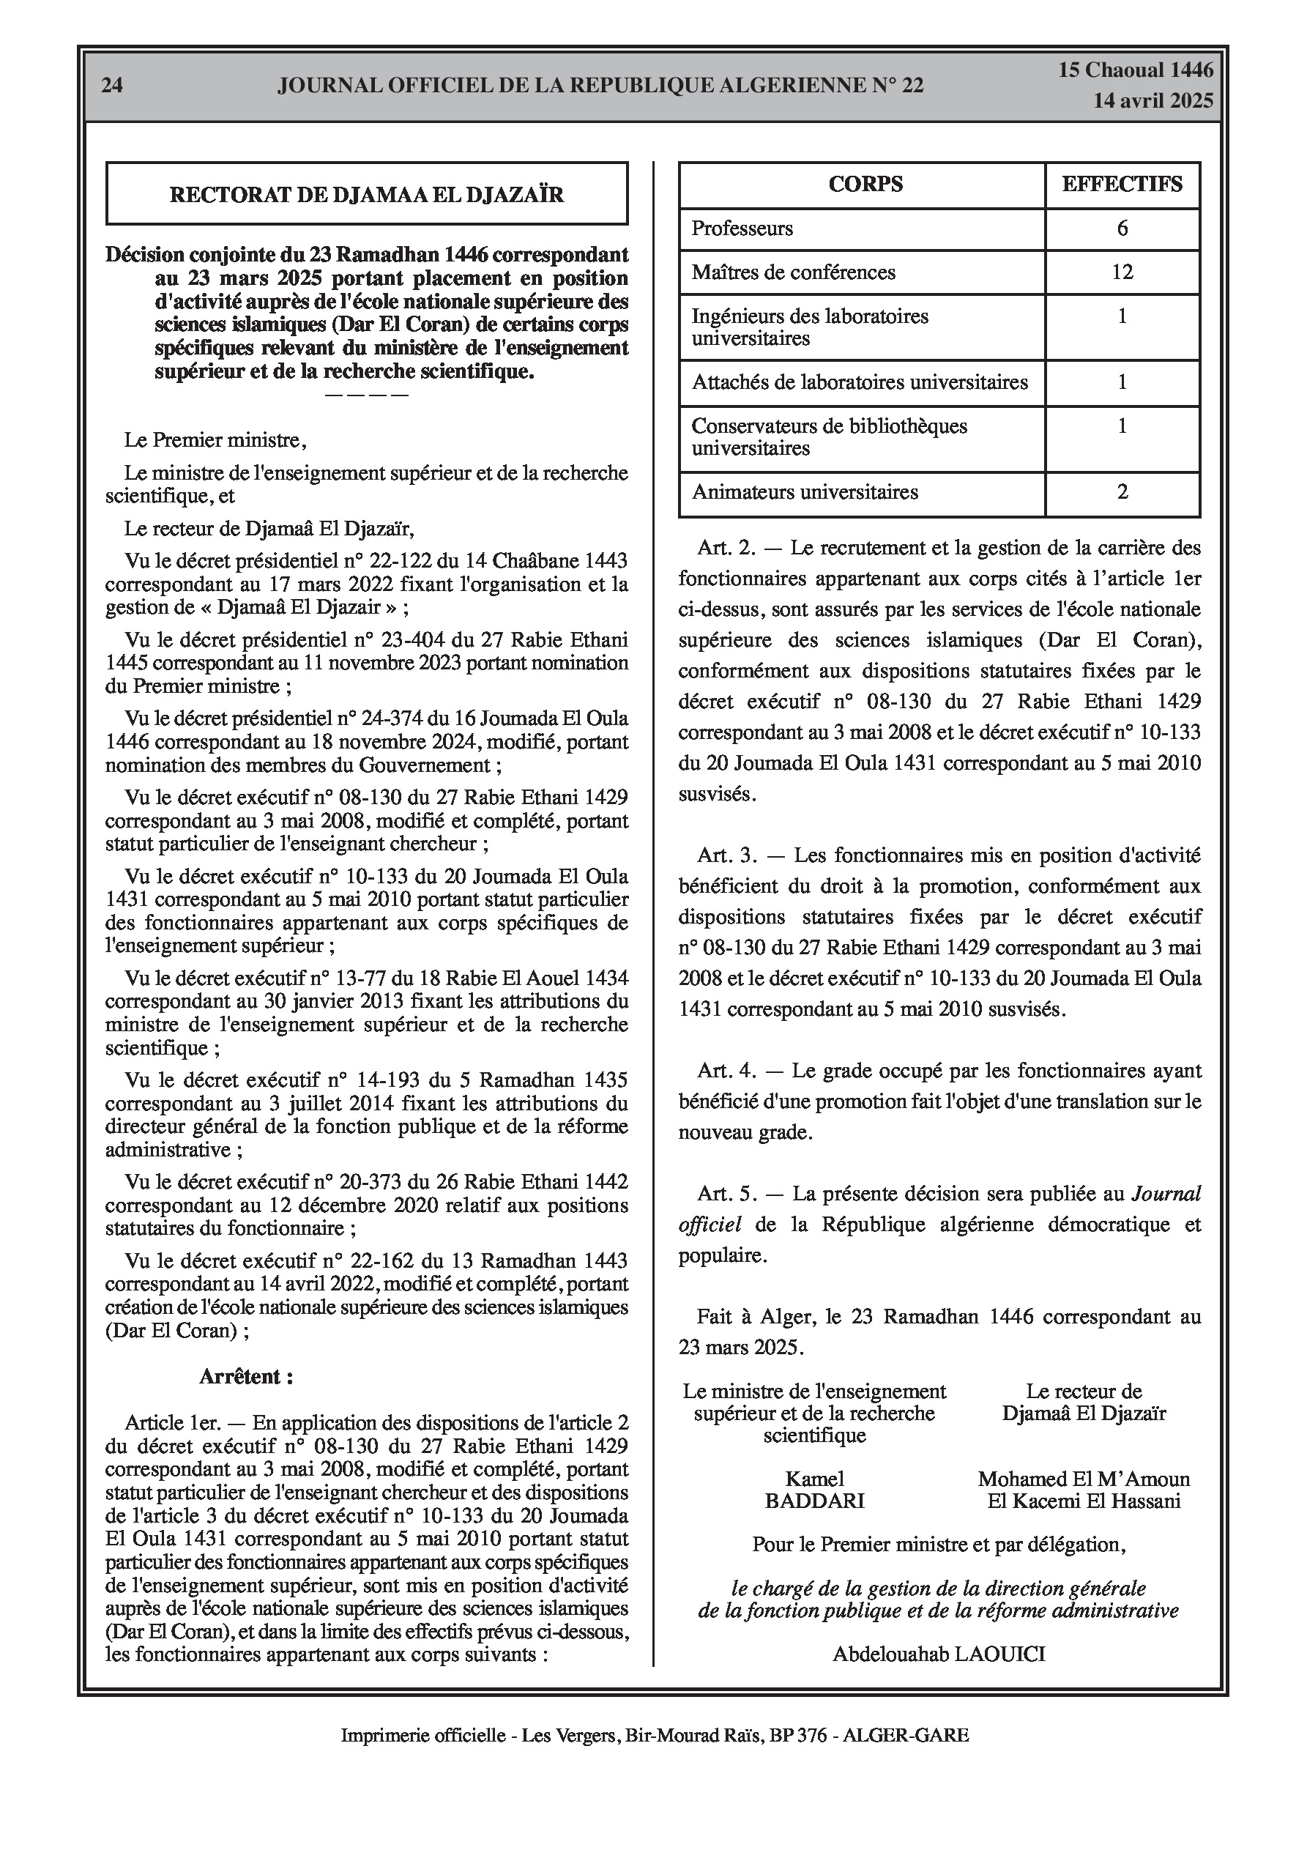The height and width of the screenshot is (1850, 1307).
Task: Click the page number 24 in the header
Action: [x=112, y=86]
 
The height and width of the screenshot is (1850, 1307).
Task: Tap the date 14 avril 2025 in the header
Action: [x=1153, y=101]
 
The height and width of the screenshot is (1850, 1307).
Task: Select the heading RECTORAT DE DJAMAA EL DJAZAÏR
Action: [x=367, y=194]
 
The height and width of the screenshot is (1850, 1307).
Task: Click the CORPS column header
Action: [x=865, y=185]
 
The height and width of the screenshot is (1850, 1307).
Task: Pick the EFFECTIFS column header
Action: [x=1122, y=185]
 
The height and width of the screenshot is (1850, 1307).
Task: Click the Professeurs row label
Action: [x=742, y=229]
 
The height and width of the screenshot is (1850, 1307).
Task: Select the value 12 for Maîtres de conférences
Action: [x=1122, y=272]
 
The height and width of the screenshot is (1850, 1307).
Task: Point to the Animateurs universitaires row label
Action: [x=805, y=492]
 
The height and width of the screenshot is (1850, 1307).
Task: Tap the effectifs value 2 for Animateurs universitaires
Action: [x=1122, y=492]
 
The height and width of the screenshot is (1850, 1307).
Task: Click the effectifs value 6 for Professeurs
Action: [x=1122, y=229]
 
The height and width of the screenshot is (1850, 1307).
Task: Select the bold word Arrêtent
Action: [x=246, y=1376]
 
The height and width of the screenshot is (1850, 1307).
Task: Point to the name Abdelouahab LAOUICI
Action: [x=939, y=1655]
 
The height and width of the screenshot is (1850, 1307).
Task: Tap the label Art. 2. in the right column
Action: [x=727, y=549]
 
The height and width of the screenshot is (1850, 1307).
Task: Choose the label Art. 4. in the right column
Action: [x=727, y=1071]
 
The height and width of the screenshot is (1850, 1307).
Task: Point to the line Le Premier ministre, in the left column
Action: [x=215, y=441]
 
